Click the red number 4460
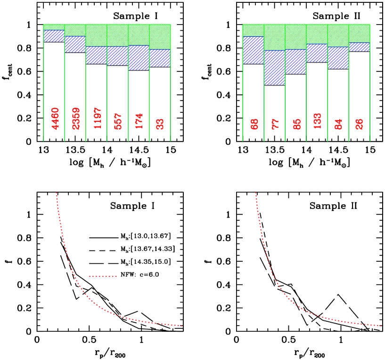coord(55,118)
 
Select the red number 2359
coord(76,118)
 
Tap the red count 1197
coord(98,118)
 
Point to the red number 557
coord(118,121)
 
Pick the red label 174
coord(139,121)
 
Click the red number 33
coord(160,124)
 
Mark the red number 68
coord(255,124)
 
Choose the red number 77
coord(276,124)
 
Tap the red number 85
coord(297,124)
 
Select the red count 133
coord(318,121)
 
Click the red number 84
coord(339,124)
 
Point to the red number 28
coord(360,124)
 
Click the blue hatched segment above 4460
coord(54,36)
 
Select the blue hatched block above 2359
coord(75,44)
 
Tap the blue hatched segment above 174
coord(139,58)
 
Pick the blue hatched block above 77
coord(274,67)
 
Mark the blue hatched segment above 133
coord(317,53)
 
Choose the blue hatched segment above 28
coord(359,47)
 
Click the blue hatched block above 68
coord(253,50)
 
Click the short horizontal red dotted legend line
coord(103,276)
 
